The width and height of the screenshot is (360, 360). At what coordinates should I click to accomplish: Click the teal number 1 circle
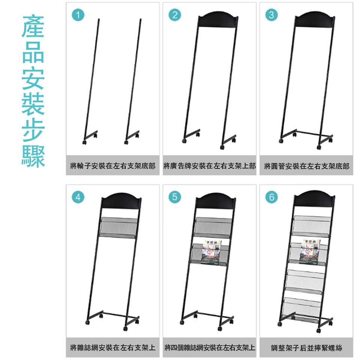pos(78,15)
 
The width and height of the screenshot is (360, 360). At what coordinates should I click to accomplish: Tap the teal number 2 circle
pos(175,15)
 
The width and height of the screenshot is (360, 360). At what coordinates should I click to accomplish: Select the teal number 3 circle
pos(271,15)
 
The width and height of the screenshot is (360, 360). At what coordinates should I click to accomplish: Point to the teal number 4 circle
pos(78,197)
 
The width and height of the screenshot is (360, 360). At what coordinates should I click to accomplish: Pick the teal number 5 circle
pos(175,197)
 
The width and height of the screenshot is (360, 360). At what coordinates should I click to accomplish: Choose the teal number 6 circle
pos(271,197)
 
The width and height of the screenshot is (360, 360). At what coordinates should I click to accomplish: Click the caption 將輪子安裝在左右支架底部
pos(113,166)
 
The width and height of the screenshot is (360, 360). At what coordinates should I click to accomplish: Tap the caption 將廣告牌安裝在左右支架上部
pos(209,166)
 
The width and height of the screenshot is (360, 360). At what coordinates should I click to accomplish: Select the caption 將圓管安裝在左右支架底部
pos(306,166)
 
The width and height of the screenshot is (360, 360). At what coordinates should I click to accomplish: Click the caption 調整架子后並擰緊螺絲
pos(306,348)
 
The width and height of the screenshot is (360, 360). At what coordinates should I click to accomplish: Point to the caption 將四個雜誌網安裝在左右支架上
pos(210,348)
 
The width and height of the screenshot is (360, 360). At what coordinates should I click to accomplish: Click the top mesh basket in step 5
pos(213,227)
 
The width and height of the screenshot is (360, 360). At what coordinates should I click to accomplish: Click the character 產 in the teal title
pos(33,27)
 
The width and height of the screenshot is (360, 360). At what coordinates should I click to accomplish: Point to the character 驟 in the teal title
pos(33,156)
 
